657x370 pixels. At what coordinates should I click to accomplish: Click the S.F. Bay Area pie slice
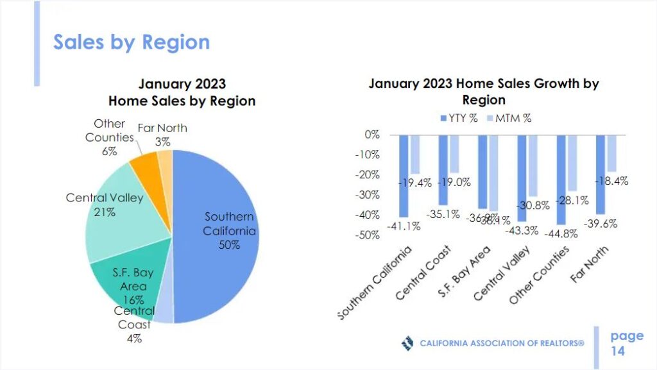pyautogui.click(x=128, y=282)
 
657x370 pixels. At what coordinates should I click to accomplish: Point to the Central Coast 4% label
pyautogui.click(x=134, y=325)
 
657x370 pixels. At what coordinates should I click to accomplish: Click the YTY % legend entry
pyautogui.click(x=459, y=118)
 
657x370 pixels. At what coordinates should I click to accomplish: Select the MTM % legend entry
pyautogui.click(x=507, y=118)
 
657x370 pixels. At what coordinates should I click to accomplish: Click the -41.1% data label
pyautogui.click(x=402, y=226)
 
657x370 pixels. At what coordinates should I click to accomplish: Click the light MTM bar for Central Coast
pyautogui.click(x=454, y=154)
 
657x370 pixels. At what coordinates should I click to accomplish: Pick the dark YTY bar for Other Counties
pyautogui.click(x=561, y=180)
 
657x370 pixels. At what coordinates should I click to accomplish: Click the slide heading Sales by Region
pyautogui.click(x=132, y=42)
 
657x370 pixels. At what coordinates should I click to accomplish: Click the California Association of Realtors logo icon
pyautogui.click(x=407, y=343)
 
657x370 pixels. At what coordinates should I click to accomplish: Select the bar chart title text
pyautogui.click(x=484, y=92)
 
